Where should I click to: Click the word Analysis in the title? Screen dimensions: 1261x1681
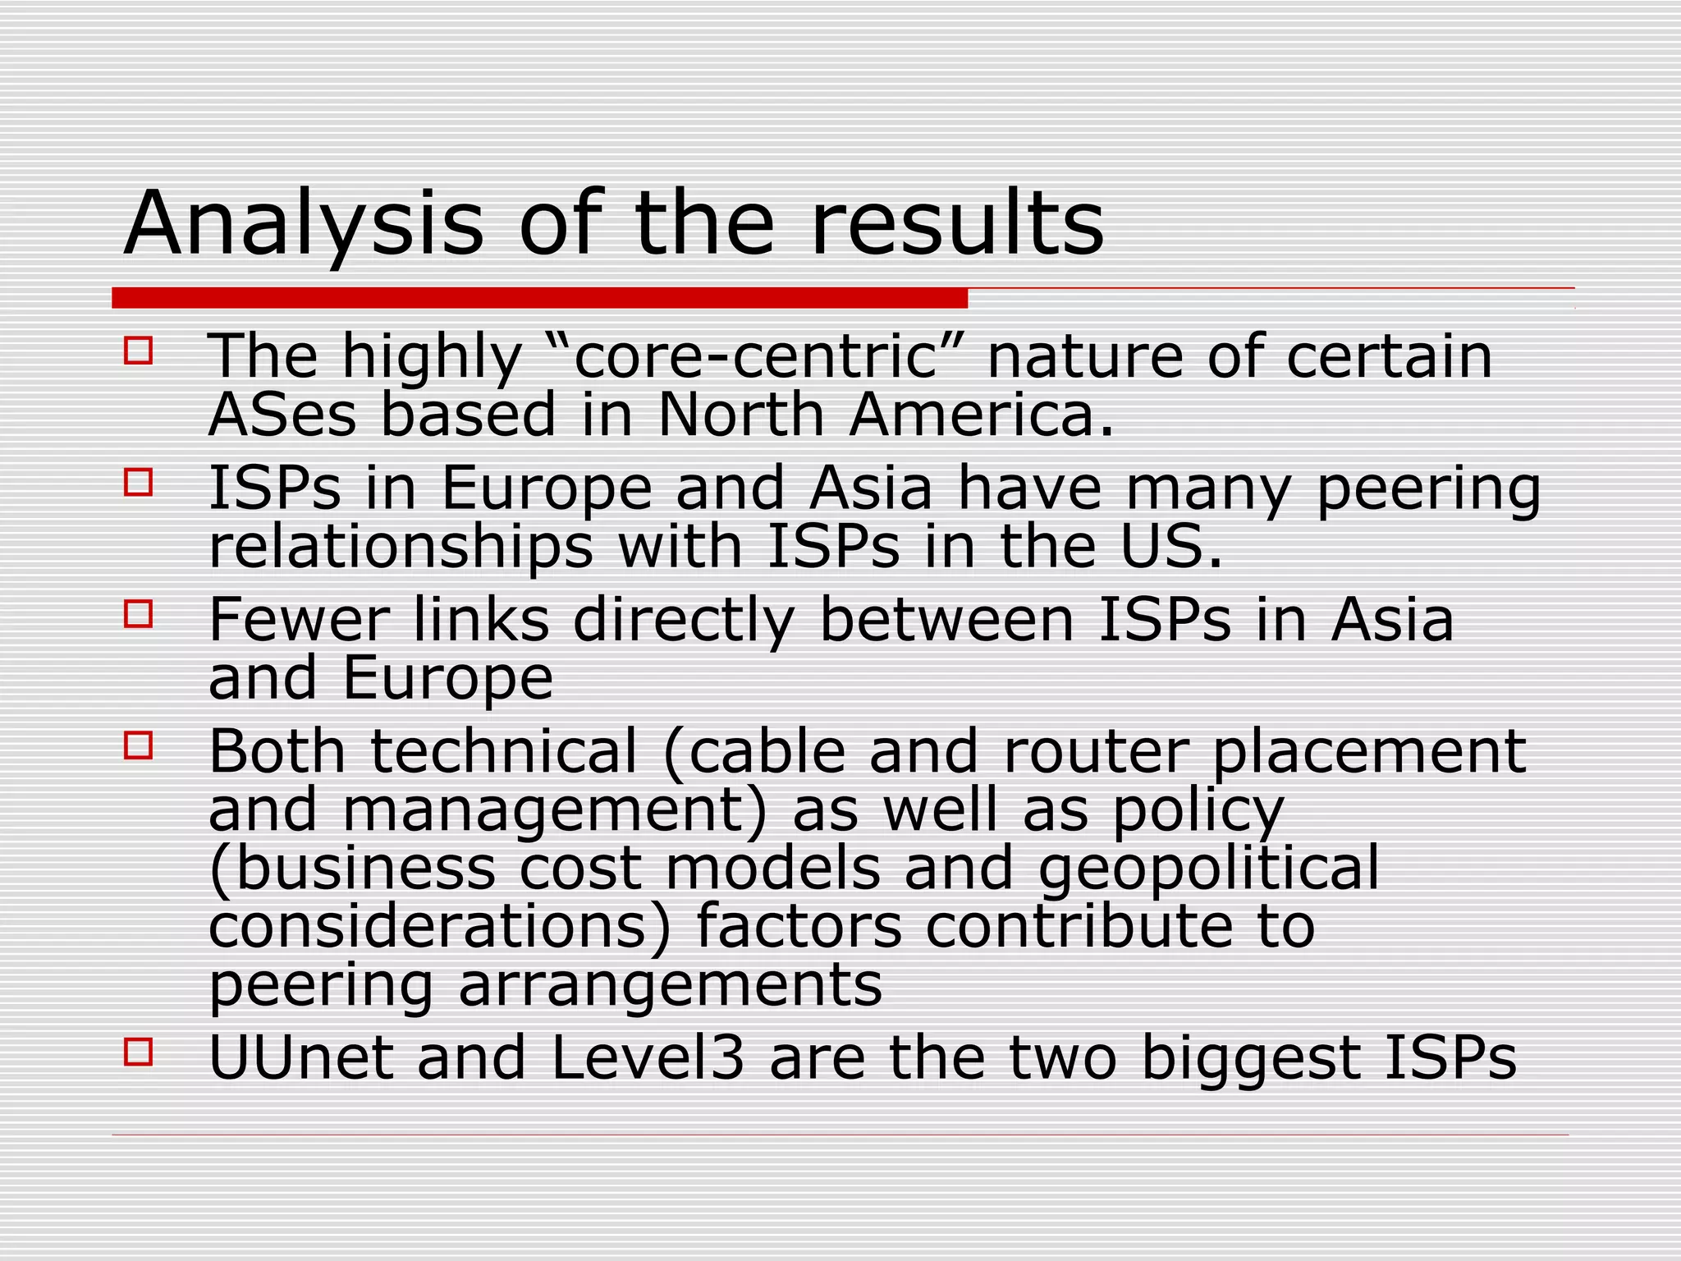304,224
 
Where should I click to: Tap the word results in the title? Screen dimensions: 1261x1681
957,224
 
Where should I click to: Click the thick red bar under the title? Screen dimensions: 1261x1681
539,298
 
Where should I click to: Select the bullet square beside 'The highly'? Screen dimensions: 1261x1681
139,351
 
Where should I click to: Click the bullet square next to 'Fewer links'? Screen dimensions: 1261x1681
139,614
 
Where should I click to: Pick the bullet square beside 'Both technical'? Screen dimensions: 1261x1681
139,745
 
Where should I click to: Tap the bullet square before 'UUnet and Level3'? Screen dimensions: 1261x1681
139,1052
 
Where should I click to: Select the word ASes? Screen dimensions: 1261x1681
282,415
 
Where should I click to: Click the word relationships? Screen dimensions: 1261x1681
401,548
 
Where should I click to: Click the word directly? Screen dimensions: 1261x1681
684,621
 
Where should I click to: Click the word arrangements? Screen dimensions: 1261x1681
670,986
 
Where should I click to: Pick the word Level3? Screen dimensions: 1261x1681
648,1058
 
